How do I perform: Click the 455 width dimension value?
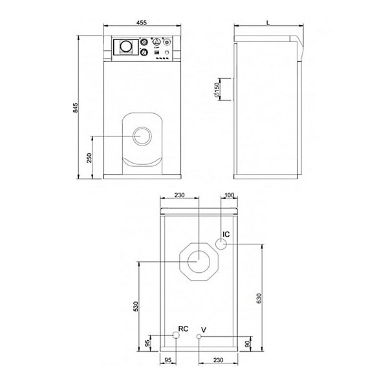pyautogui.click(x=142, y=23)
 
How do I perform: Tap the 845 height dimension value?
pyautogui.click(x=75, y=108)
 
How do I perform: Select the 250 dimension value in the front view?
pyautogui.click(x=89, y=158)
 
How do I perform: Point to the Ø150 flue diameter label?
pyautogui.click(x=217, y=90)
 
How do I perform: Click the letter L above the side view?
pyautogui.click(x=268, y=23)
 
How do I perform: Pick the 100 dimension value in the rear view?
pyautogui.click(x=229, y=195)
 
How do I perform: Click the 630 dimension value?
pyautogui.click(x=259, y=298)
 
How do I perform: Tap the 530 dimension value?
pyautogui.click(x=136, y=307)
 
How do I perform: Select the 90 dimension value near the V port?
pyautogui.click(x=247, y=344)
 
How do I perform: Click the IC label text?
pyautogui.click(x=226, y=234)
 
